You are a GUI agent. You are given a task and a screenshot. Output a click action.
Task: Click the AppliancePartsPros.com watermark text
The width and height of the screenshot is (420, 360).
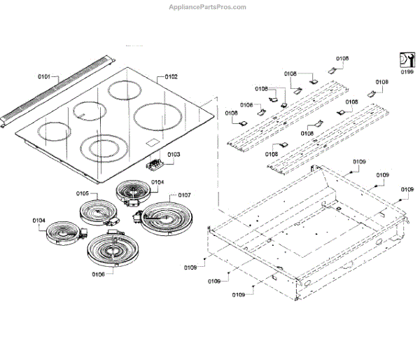(x=207, y=7)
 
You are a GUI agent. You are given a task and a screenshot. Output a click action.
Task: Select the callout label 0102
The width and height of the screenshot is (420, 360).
(x=171, y=76)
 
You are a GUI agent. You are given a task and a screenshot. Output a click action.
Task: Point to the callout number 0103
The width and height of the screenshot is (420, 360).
(x=174, y=153)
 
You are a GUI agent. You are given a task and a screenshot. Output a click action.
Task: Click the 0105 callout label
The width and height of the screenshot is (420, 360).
(x=82, y=193)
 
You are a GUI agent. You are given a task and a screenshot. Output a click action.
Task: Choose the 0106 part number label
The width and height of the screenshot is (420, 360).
(x=98, y=274)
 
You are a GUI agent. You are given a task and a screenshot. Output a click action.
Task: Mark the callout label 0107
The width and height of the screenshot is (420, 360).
(x=185, y=195)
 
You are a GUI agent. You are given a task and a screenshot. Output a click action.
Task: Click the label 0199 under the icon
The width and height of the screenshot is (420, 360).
(x=407, y=71)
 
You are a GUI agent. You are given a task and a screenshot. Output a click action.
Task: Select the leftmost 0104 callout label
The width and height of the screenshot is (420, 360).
(x=38, y=221)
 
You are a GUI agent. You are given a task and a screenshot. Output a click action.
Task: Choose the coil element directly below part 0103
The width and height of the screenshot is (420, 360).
(x=132, y=191)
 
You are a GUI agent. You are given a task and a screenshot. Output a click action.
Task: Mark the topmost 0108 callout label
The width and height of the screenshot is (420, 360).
(x=342, y=58)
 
